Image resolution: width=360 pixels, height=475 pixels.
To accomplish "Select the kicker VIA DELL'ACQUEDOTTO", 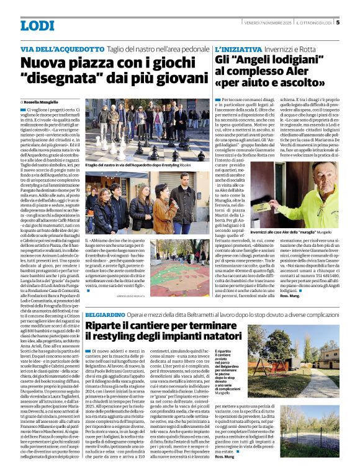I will pos(61,48).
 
